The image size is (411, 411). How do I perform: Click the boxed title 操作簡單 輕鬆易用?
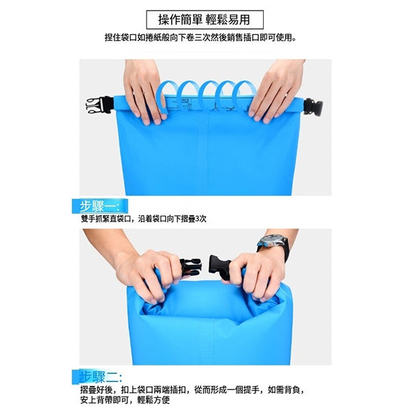tap(205, 20)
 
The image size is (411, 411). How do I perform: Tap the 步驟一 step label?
tap(100, 206)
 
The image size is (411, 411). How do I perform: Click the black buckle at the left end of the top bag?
tap(99, 105)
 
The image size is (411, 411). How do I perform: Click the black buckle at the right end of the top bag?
tap(313, 108)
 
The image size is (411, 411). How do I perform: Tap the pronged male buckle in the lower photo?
tap(190, 267)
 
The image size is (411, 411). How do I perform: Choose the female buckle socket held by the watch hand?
tap(220, 266)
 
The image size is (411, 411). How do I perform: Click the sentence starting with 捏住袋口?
tap(201, 38)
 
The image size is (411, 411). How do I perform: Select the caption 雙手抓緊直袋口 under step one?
tap(144, 219)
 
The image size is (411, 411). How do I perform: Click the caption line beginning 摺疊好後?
tap(192, 390)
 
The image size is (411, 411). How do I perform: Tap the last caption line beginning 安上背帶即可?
tap(125, 400)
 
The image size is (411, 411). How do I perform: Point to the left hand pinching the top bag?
tap(144, 92)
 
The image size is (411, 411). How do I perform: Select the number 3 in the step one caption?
tap(197, 219)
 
